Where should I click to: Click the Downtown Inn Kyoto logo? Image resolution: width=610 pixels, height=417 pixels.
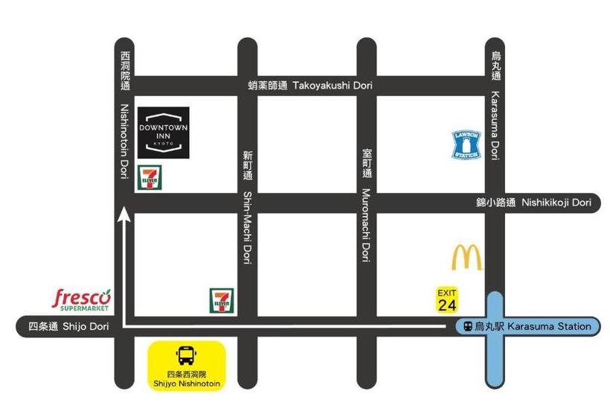163,133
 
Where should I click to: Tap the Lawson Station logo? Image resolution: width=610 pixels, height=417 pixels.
467,144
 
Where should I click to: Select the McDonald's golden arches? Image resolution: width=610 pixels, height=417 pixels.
466,258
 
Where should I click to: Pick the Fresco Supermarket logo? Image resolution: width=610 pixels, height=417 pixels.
82,299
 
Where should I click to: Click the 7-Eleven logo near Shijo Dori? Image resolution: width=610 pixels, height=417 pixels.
221,299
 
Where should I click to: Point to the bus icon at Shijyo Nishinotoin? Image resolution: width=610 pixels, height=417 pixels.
185,355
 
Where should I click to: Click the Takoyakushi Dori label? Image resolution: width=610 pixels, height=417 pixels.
310,86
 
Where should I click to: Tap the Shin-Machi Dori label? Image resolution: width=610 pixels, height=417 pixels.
248,208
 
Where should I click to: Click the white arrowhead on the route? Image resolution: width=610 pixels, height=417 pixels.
124,215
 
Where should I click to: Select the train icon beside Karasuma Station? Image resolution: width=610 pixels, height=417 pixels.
466,326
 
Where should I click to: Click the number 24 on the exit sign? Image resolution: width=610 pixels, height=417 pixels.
447,305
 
